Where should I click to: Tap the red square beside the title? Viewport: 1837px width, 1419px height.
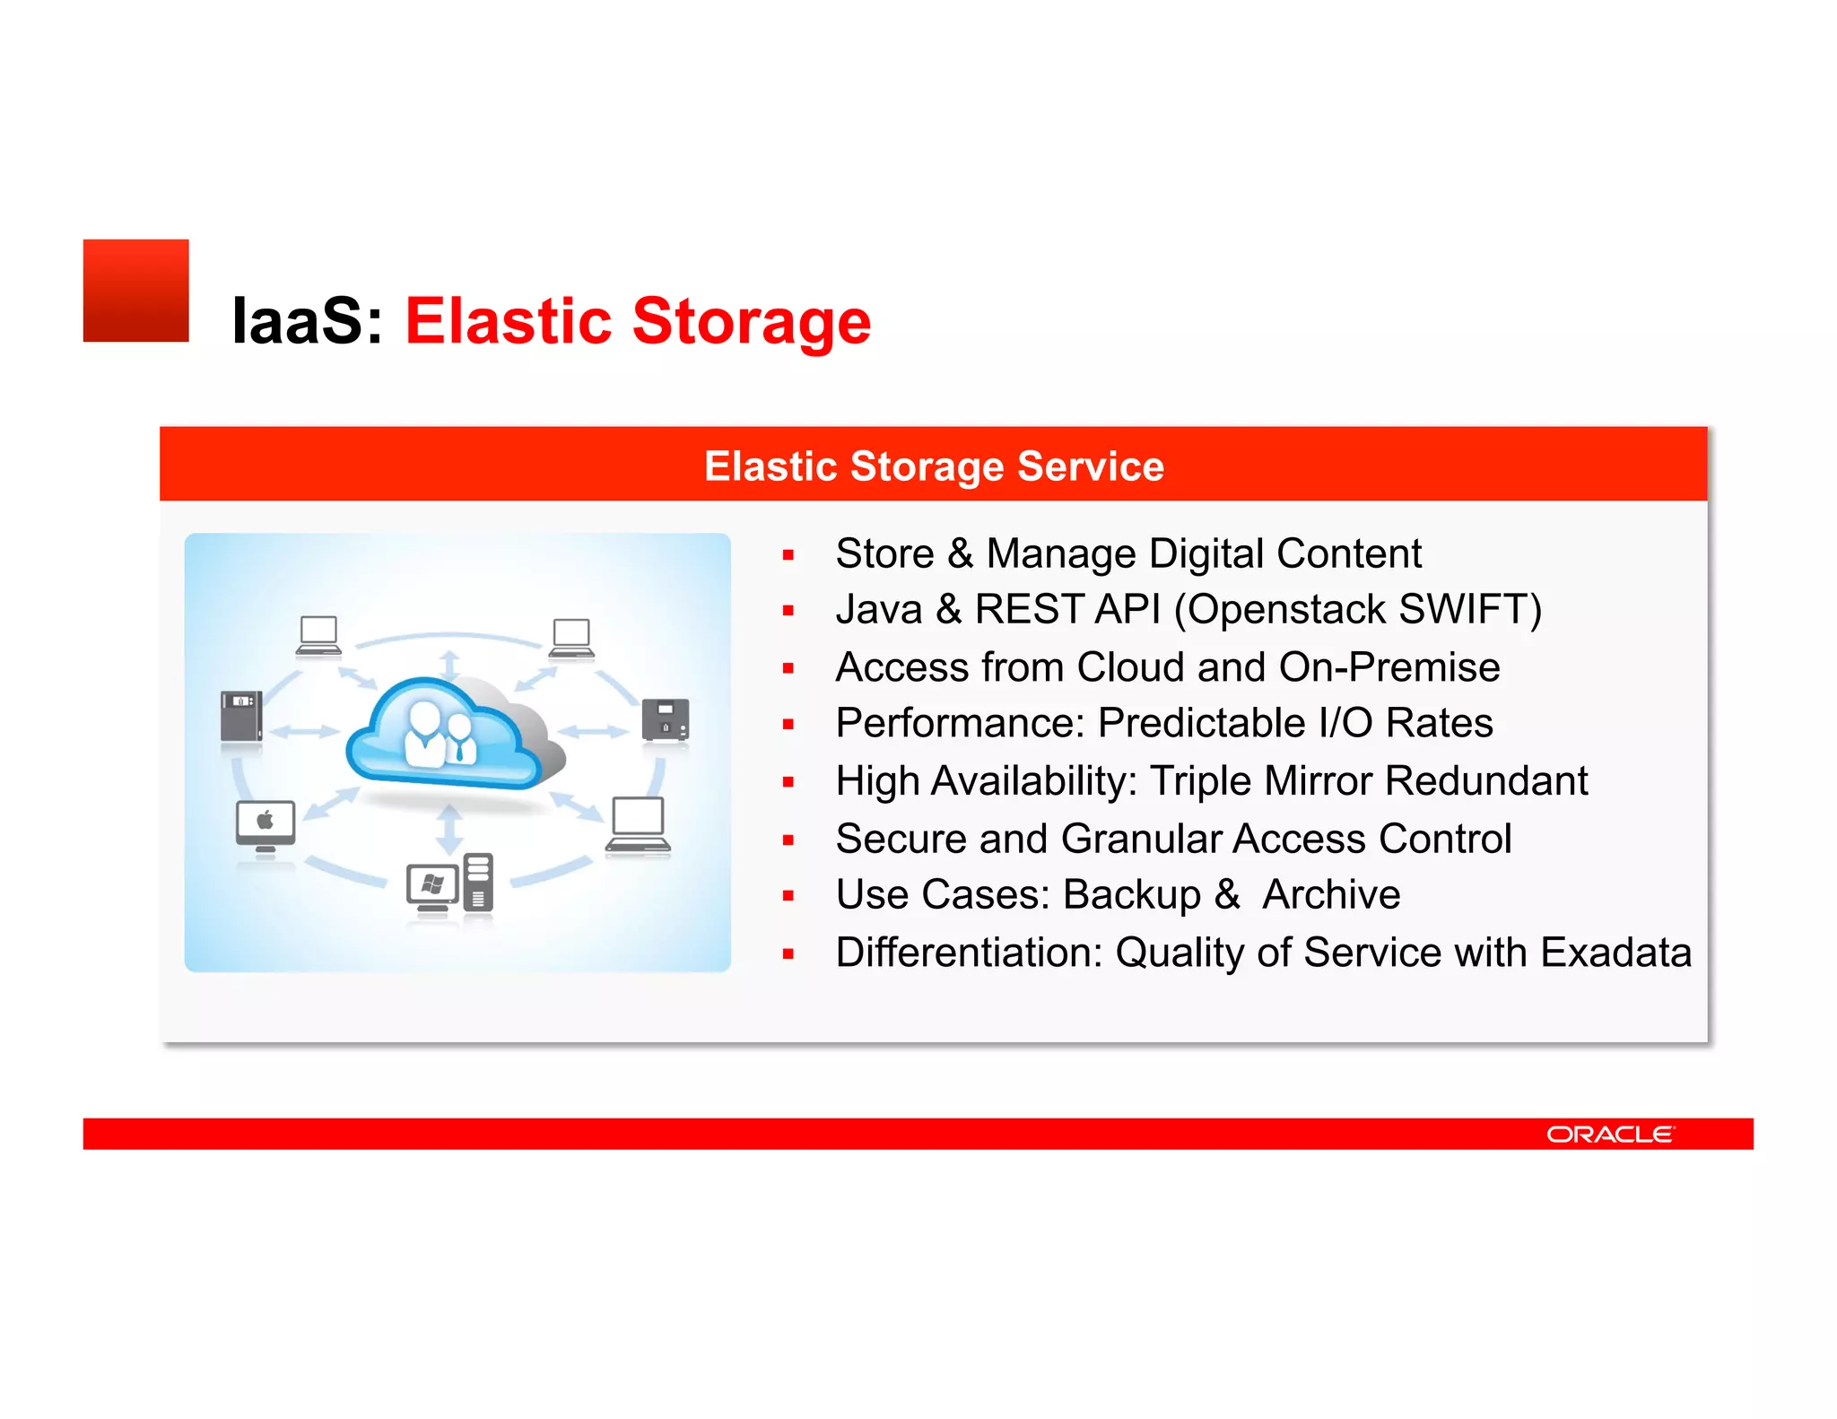click(x=135, y=290)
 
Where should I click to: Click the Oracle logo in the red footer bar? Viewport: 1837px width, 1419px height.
click(x=1609, y=1135)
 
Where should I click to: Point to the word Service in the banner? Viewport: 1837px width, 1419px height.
click(x=1090, y=466)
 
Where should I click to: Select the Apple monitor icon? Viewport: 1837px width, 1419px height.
click(x=266, y=826)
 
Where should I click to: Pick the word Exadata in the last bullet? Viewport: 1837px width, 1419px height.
click(x=1615, y=953)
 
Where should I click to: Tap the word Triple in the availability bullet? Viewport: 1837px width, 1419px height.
click(x=1202, y=781)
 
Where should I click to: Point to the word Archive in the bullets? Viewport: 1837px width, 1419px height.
click(x=1331, y=895)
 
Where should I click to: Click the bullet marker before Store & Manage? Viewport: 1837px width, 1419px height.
click(x=788, y=555)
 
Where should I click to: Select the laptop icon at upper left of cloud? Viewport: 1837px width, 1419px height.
click(x=318, y=635)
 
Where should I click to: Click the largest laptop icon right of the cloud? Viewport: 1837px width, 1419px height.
click(x=638, y=825)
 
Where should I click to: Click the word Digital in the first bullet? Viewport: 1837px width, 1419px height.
click(x=1206, y=553)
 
